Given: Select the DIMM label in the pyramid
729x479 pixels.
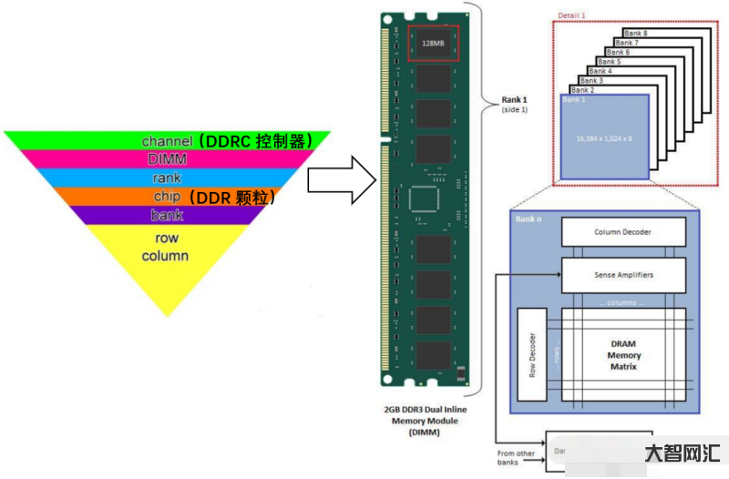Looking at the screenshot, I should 167,159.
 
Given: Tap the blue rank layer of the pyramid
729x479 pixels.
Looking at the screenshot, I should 167,178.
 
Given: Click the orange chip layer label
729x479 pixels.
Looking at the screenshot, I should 168,197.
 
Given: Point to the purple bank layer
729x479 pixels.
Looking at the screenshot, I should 167,216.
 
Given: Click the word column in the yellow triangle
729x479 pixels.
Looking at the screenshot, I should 165,256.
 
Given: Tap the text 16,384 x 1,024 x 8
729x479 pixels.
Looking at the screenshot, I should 604,138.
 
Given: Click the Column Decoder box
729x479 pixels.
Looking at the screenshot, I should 622,232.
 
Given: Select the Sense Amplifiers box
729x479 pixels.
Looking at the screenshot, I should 622,274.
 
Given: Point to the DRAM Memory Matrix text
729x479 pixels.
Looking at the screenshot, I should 623,355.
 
